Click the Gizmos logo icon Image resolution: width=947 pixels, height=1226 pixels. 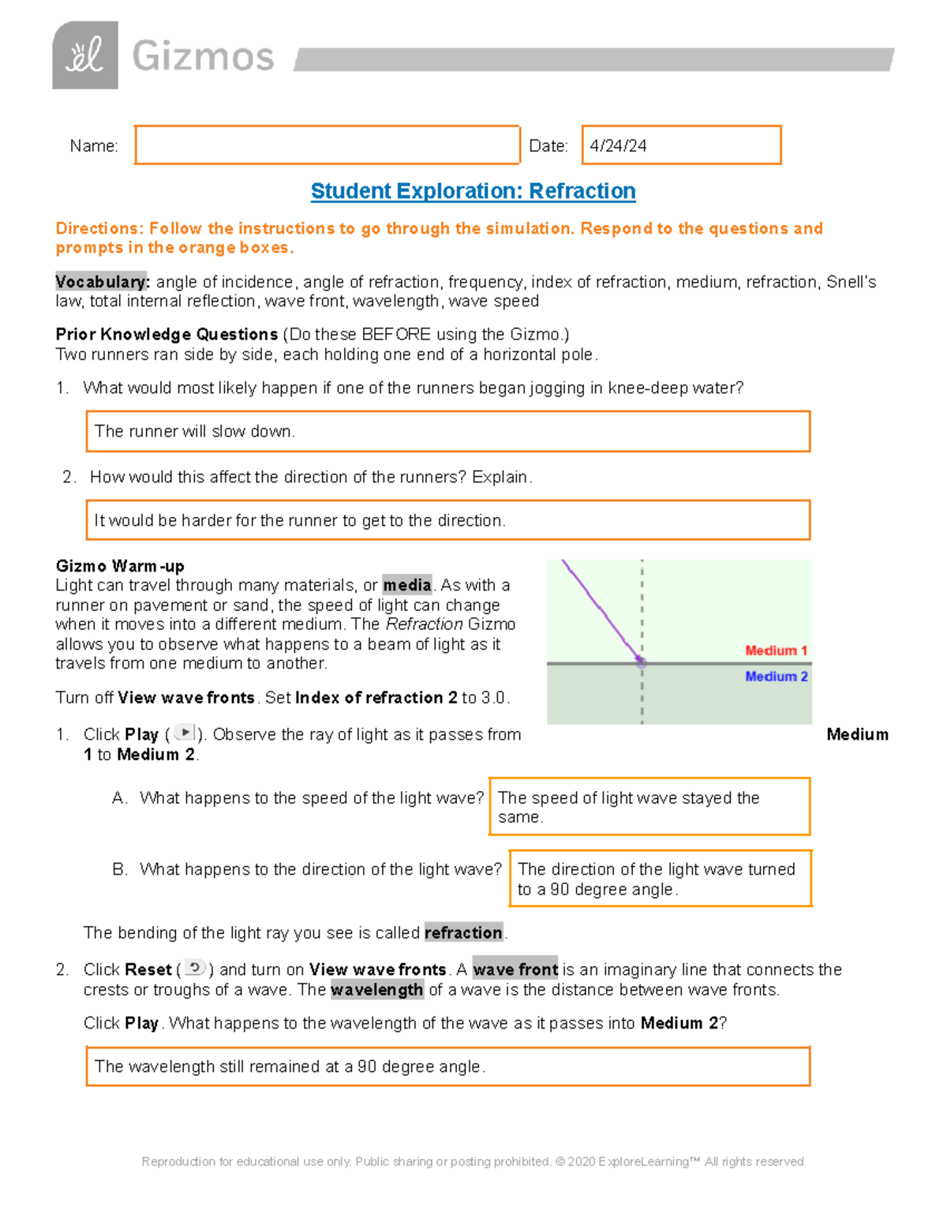coord(85,55)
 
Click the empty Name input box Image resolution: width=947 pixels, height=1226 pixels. coord(327,145)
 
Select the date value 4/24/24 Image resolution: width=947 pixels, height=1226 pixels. coord(618,146)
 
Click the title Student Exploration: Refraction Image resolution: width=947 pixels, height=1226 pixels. coord(473,191)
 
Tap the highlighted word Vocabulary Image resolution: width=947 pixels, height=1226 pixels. coord(102,282)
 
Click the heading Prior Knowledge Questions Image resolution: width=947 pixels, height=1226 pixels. coord(167,334)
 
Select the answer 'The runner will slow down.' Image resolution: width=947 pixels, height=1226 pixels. coord(195,431)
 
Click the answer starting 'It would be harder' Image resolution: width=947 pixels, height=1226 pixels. coord(300,520)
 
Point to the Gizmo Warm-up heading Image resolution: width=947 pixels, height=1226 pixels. coord(120,566)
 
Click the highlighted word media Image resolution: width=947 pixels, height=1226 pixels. coord(407,585)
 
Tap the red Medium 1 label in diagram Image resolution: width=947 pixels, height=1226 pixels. coord(776,650)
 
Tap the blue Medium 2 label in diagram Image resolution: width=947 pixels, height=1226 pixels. coord(776,677)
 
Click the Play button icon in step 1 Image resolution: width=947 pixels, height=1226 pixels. coord(184,733)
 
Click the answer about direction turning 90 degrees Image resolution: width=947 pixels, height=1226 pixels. coord(656,879)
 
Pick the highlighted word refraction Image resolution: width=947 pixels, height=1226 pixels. coord(463,932)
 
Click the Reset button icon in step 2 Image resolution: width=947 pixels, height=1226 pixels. coord(195,968)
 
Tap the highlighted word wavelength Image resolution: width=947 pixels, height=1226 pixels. coord(376,990)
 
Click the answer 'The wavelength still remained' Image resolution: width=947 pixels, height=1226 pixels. coord(290,1067)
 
